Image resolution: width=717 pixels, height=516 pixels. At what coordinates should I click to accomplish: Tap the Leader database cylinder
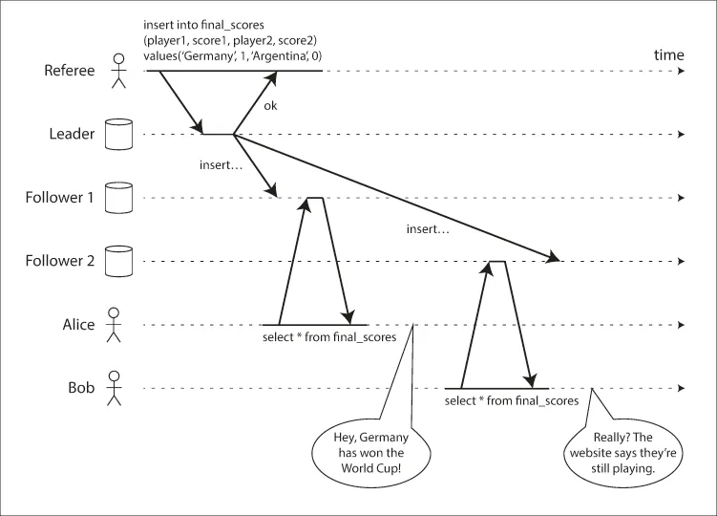tap(118, 135)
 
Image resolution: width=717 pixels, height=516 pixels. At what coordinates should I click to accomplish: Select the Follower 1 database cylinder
tap(118, 197)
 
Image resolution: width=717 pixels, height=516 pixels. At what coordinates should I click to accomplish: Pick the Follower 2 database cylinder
tap(118, 260)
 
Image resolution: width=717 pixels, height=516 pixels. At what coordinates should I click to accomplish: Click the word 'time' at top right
tap(668, 54)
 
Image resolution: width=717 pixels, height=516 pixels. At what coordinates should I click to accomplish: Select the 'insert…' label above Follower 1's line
tap(221, 164)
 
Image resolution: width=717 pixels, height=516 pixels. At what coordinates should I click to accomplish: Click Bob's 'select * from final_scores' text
tap(512, 401)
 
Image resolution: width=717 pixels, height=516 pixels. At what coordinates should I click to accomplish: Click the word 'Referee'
tap(68, 70)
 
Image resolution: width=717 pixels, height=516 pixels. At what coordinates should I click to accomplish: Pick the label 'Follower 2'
tap(60, 260)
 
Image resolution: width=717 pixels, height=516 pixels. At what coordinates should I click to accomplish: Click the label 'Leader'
tap(73, 134)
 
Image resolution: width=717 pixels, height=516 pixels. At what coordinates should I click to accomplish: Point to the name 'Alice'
tap(77, 324)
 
